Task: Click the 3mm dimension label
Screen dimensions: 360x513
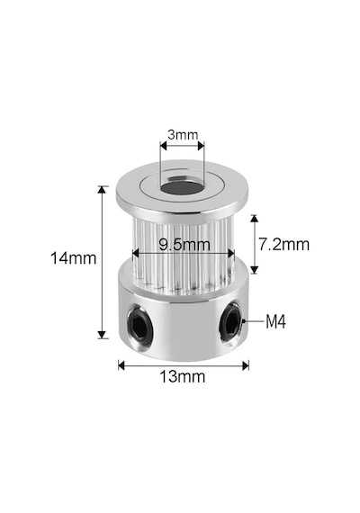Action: coord(183,135)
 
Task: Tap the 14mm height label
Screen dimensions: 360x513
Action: coord(73,258)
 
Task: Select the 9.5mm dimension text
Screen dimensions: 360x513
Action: coord(184,245)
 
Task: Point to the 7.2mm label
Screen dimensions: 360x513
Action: coord(283,245)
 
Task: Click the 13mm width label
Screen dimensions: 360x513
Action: coord(183,376)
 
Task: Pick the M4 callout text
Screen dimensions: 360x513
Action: coord(275,321)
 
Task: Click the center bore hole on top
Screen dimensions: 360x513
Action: coord(182,188)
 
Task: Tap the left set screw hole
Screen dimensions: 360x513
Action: coord(139,326)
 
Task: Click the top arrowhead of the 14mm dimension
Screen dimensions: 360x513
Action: coord(103,190)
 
